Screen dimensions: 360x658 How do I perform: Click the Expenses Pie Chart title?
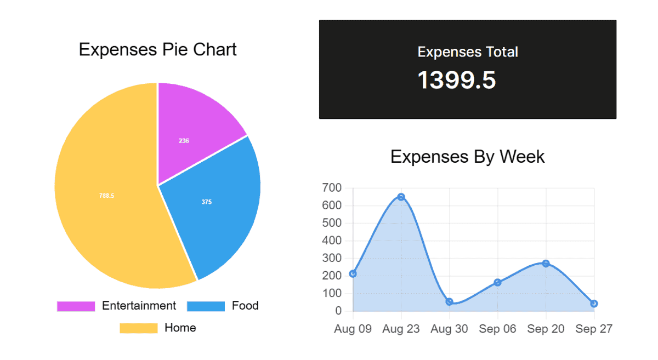pos(157,49)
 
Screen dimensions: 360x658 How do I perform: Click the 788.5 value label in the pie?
pos(107,196)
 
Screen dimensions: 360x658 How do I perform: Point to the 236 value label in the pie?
pos(184,141)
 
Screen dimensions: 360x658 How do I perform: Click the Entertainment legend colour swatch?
pos(76,306)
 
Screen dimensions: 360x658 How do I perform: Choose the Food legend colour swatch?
pos(206,306)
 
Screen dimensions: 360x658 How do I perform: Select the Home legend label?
pos(180,328)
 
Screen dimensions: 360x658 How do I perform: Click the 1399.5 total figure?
pos(457,80)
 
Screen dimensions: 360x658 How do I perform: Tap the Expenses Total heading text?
pos(468,52)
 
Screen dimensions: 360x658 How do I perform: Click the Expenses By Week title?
pos(467,157)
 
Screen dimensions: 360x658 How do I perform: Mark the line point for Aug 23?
pos(401,197)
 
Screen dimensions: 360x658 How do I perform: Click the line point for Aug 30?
pos(450,302)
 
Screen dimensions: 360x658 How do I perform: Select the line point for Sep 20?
pos(546,264)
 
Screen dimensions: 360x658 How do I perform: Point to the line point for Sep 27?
pos(594,304)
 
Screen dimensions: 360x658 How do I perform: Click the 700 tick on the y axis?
pos(332,188)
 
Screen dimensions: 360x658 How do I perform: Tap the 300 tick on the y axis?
pos(332,258)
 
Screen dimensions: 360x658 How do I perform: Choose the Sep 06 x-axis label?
pos(497,329)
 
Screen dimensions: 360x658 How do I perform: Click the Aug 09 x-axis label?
pos(353,329)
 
